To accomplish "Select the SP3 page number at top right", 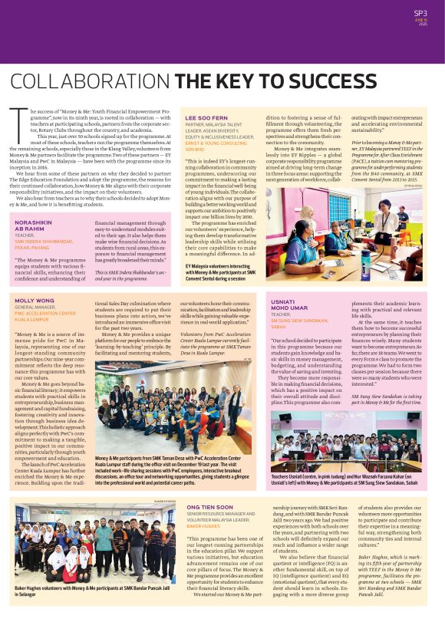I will click(420, 12).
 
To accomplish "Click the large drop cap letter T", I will click(16, 124).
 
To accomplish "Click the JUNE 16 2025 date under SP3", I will click(421, 21).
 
